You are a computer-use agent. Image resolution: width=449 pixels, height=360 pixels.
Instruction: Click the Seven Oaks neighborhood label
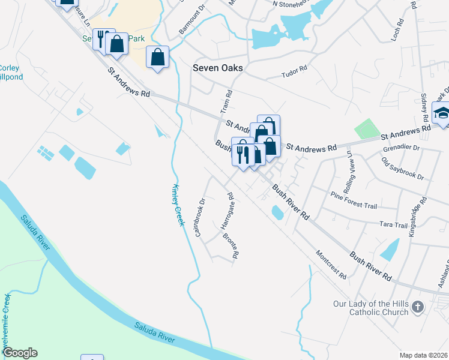tap(217, 68)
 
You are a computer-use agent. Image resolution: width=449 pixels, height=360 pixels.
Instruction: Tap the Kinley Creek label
tap(178, 205)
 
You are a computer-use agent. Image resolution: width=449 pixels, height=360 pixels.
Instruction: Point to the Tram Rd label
tap(226, 103)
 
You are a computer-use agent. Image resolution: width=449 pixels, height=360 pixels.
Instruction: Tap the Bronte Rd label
tap(231, 246)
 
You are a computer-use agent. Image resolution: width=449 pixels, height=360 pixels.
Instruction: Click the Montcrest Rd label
tap(330, 265)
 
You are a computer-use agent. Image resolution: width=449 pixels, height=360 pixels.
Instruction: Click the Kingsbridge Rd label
tap(418, 216)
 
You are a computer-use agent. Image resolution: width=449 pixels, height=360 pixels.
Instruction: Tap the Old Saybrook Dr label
tap(402, 169)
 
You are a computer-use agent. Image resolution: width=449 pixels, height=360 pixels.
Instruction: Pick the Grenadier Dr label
tap(400, 147)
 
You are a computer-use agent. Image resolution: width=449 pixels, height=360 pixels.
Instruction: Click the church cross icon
tap(418, 308)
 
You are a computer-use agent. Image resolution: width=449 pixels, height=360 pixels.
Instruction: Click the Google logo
tap(20, 353)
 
